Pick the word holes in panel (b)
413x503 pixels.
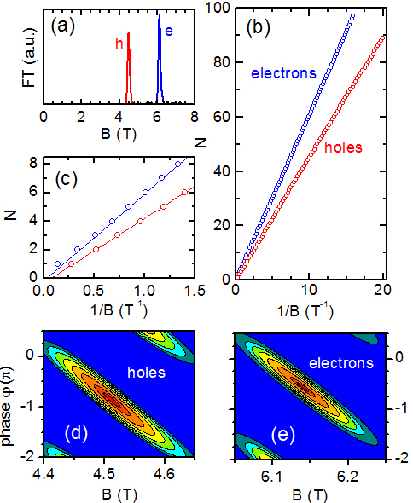point(341,147)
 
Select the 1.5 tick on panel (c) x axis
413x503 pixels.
point(195,291)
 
